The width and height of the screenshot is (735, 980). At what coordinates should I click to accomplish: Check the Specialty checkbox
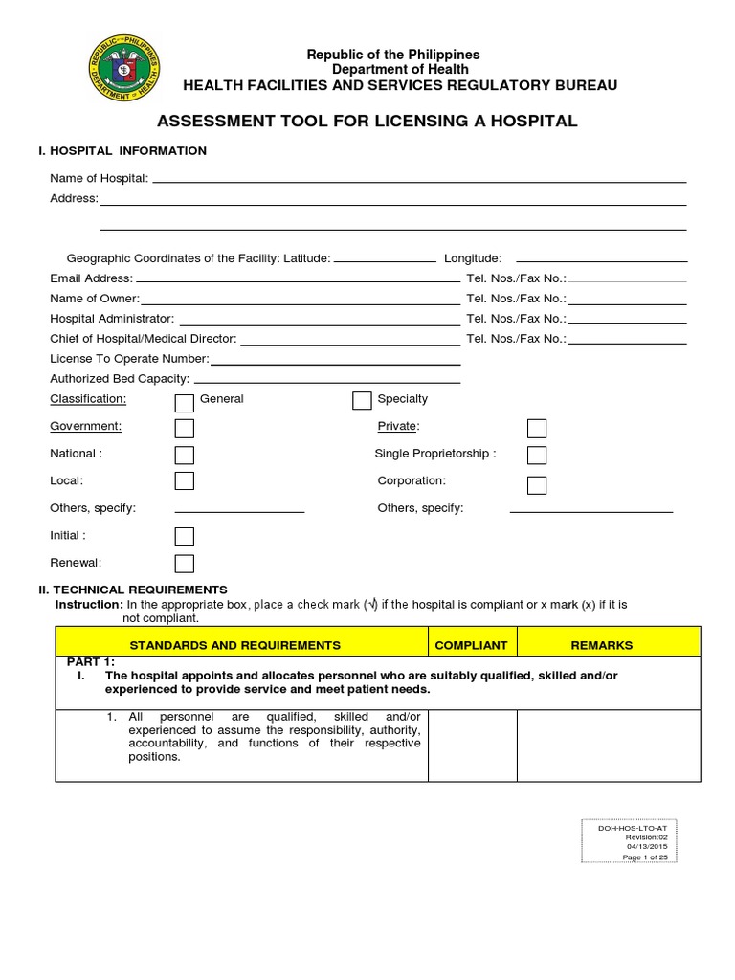click(x=362, y=400)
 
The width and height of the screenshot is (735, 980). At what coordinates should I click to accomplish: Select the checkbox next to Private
click(x=537, y=428)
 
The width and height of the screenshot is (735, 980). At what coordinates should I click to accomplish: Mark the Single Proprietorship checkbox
click(x=537, y=456)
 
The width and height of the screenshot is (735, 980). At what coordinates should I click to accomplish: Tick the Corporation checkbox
click(x=537, y=484)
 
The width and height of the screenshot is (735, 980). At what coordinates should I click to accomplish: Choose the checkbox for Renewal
click(x=185, y=564)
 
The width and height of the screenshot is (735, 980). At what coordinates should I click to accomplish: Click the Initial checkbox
click(x=185, y=536)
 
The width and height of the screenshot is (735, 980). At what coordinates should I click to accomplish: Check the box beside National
click(x=185, y=456)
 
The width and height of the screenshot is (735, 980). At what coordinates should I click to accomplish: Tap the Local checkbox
click(x=185, y=481)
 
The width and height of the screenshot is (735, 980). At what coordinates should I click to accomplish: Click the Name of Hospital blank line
click(x=419, y=178)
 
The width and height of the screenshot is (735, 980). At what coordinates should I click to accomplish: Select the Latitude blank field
click(x=385, y=258)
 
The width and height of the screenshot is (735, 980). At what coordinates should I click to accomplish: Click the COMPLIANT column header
click(x=471, y=645)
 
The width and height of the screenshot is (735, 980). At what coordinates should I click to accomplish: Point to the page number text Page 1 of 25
click(x=646, y=857)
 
